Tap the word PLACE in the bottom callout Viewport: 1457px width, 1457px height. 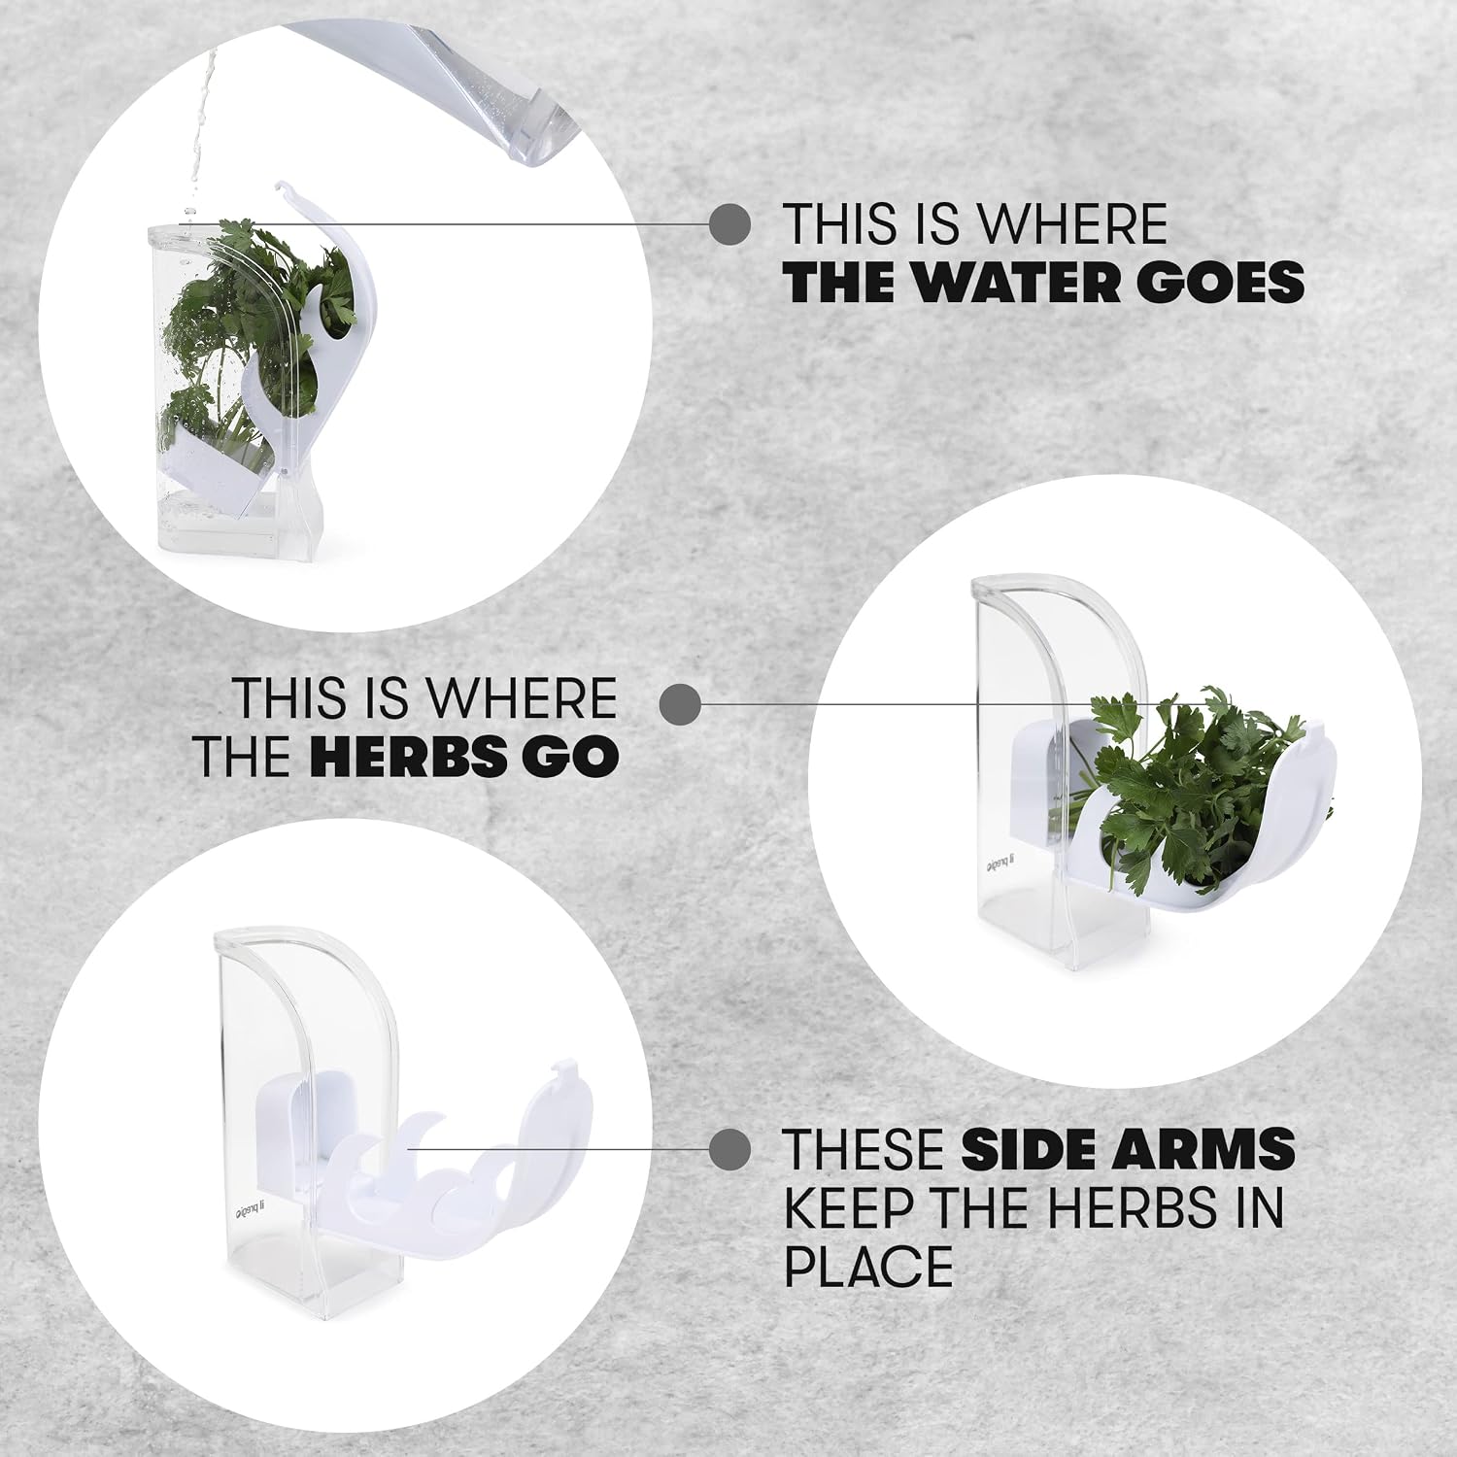pos(868,1266)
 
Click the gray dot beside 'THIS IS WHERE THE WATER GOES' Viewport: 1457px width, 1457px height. pos(730,224)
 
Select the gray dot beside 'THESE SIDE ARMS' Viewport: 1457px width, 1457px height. pos(730,1149)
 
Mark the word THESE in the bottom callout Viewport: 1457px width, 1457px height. pos(865,1149)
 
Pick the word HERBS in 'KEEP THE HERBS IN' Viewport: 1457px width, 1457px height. pos(1136,1207)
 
